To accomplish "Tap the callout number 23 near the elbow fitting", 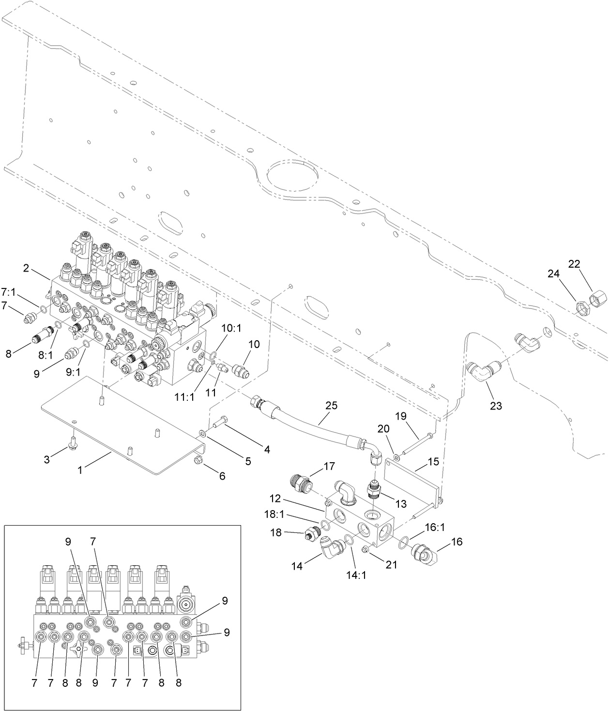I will point(496,406).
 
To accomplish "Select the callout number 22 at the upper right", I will point(574,264).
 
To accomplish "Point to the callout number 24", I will point(553,274).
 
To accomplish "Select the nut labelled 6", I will point(198,458).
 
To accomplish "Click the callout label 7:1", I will point(9,292).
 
